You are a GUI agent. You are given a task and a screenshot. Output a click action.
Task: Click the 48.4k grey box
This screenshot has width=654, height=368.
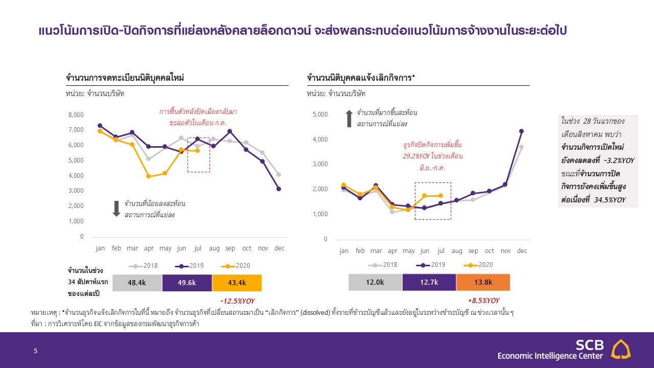pyautogui.click(x=137, y=283)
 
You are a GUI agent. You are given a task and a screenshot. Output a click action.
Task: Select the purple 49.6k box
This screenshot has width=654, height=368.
pyautogui.click(x=187, y=283)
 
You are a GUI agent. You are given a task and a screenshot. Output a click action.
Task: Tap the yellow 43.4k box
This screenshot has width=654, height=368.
pyautogui.click(x=237, y=283)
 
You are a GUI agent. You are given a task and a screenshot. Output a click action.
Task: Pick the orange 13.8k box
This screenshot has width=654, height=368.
pyautogui.click(x=483, y=282)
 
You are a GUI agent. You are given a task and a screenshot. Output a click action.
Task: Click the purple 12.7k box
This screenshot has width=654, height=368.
pyautogui.click(x=429, y=282)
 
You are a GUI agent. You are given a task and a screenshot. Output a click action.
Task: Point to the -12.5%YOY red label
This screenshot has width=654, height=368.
pyautogui.click(x=237, y=301)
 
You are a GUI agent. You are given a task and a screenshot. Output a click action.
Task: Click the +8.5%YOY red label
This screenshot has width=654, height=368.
pyautogui.click(x=483, y=301)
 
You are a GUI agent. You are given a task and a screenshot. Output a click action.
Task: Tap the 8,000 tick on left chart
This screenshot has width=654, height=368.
pyautogui.click(x=76, y=115)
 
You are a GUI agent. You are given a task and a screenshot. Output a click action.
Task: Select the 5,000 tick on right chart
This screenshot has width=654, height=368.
pyautogui.click(x=319, y=114)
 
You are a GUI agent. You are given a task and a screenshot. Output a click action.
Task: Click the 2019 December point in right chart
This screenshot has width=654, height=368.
pyautogui.click(x=522, y=131)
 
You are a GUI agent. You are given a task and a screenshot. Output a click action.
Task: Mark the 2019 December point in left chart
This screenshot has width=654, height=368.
pyautogui.click(x=278, y=189)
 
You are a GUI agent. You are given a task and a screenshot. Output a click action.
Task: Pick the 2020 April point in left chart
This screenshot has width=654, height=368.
pyautogui.click(x=149, y=176)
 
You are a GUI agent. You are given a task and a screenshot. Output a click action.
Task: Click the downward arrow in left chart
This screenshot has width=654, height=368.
pyautogui.click(x=116, y=209)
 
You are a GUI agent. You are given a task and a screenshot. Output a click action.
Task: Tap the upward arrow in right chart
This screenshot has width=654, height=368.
pyautogui.click(x=349, y=119)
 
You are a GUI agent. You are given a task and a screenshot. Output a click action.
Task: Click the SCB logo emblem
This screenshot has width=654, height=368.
pyautogui.click(x=621, y=350)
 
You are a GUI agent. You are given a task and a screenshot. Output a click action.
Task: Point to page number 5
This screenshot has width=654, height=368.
pyautogui.click(x=35, y=351)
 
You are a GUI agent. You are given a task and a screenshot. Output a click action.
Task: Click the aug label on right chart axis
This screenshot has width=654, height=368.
pyautogui.click(x=457, y=251)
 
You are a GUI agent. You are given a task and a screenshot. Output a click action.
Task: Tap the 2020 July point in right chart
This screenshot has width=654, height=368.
pyautogui.click(x=441, y=196)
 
